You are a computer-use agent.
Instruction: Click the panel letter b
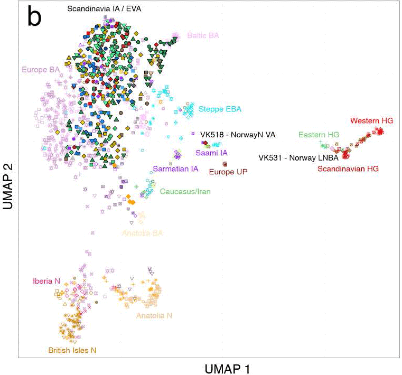(34, 16)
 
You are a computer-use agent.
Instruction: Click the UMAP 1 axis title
(227, 369)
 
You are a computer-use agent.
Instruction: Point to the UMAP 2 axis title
(8, 186)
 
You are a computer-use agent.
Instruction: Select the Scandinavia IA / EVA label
(104, 9)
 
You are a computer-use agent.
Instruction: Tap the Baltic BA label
(203, 35)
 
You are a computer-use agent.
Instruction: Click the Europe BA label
(41, 70)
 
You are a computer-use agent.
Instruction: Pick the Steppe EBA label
(220, 109)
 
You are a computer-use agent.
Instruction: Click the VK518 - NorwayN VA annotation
(238, 135)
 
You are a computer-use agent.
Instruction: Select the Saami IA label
(211, 153)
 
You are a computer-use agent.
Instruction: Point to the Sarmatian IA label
(175, 169)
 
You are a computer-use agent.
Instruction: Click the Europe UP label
(228, 172)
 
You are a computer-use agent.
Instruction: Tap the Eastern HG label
(319, 135)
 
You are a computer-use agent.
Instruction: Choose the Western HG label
(372, 120)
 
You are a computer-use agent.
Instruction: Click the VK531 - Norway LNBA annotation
(298, 157)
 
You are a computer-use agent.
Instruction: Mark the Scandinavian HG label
(348, 168)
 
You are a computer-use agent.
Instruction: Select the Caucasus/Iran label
(185, 192)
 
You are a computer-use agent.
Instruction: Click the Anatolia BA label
(142, 233)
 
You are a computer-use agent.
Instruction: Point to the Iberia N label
(46, 281)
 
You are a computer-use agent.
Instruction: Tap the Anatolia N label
(154, 315)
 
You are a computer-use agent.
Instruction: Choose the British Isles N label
(72, 350)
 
